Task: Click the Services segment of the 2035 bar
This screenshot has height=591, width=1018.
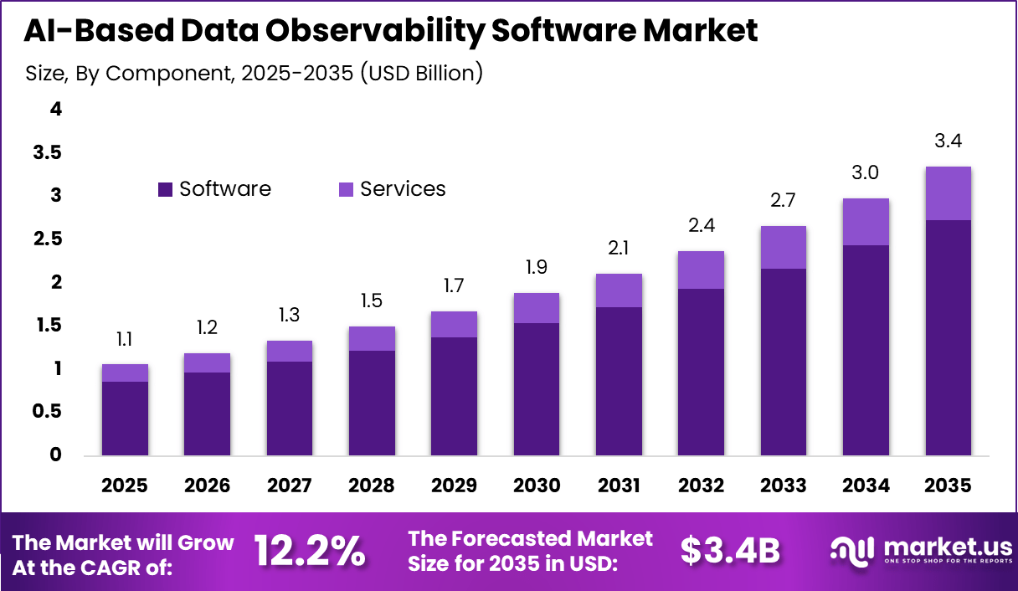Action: [948, 193]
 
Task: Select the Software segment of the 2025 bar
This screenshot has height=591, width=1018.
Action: [125, 419]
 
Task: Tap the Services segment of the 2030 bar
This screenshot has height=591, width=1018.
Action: [536, 308]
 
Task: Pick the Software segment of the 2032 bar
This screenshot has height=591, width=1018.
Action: [701, 373]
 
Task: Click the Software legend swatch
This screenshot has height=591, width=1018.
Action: [165, 190]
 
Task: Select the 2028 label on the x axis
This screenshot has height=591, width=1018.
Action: [372, 486]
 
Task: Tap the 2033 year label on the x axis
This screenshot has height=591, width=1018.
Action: [783, 486]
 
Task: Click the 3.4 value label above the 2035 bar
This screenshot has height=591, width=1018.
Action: [948, 141]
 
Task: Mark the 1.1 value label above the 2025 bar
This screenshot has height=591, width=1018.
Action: [125, 339]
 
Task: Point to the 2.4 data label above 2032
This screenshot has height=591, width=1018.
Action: [701, 226]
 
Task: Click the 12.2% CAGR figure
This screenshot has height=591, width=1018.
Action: [309, 551]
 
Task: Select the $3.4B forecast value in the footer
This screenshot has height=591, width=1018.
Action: [729, 551]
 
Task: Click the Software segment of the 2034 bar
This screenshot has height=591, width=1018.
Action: [866, 351]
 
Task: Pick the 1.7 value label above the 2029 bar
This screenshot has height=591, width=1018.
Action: [454, 286]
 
